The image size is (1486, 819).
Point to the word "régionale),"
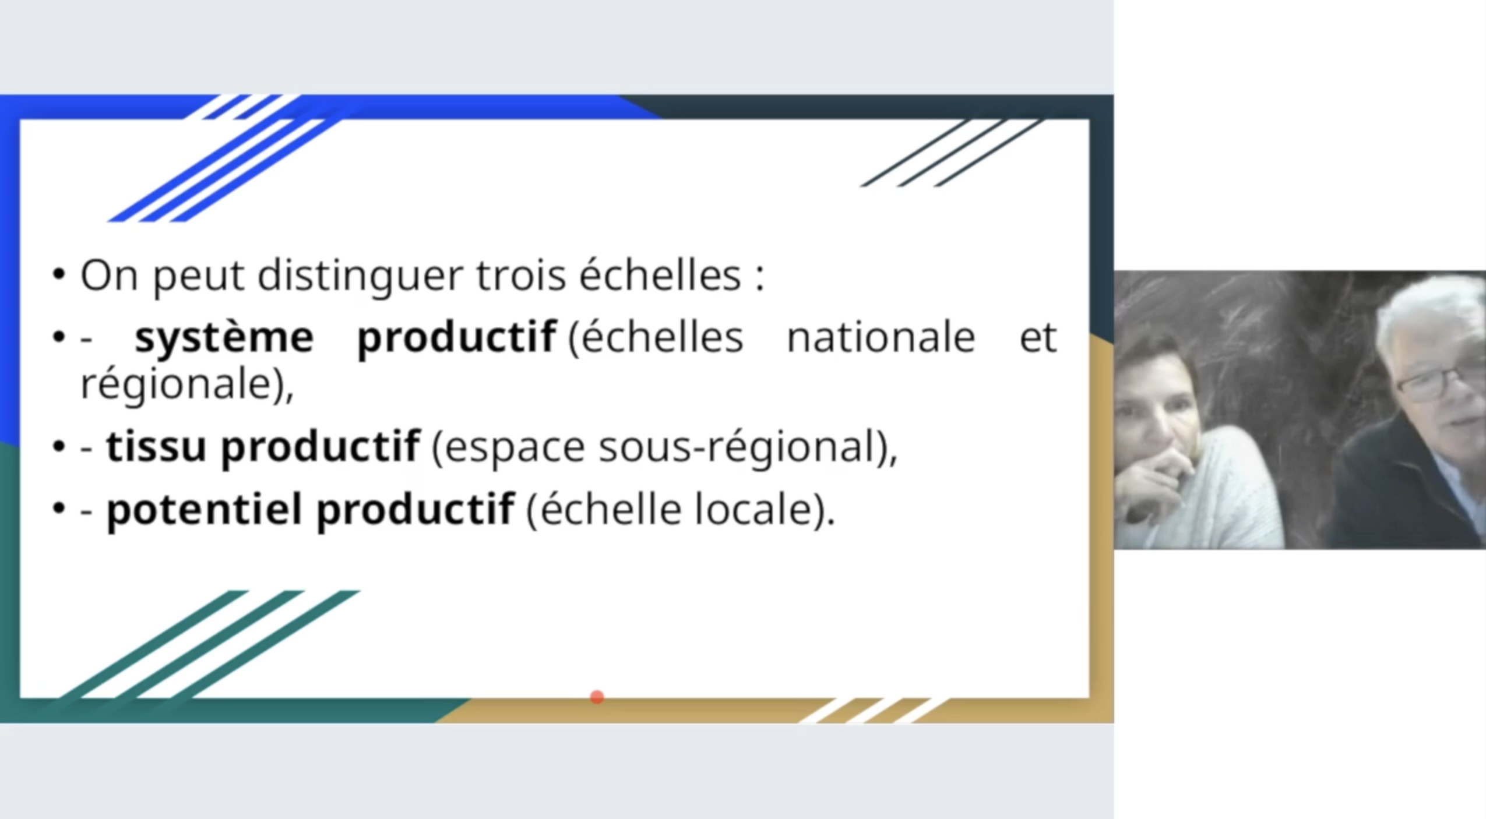coord(187,386)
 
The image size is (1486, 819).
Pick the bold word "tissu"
coord(156,447)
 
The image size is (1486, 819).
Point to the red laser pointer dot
coord(597,697)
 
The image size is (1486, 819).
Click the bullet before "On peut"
coord(59,274)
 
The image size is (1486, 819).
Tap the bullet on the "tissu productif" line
coord(59,447)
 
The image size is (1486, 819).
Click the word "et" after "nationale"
coord(1038,337)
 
